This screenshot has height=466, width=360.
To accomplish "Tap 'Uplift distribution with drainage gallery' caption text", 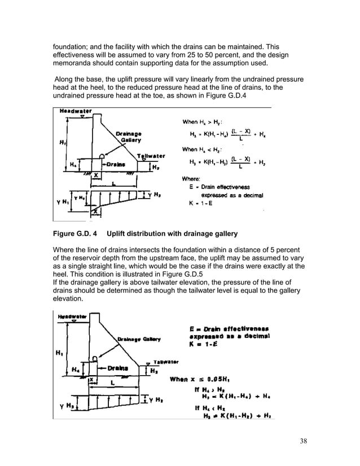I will pyautogui.click(x=175, y=233).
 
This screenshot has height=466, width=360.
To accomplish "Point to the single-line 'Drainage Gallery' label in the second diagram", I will pyautogui.click(x=138, y=338).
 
